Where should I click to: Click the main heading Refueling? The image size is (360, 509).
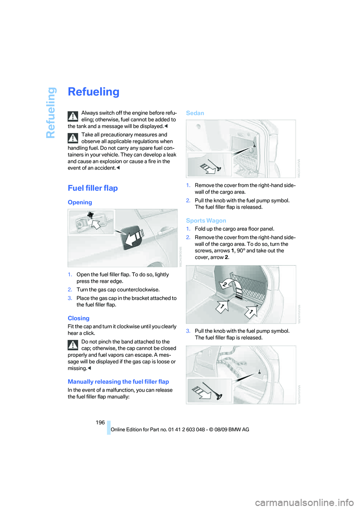coord(93,92)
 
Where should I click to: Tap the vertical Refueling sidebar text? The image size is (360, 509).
coord(51,112)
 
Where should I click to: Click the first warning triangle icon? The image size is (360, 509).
coord(73,116)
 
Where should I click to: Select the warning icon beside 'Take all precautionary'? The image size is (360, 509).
coord(73,138)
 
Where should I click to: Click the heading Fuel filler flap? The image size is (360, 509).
coord(93,188)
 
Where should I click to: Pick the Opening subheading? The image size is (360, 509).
coord(79,202)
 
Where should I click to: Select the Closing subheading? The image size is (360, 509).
coord(78,318)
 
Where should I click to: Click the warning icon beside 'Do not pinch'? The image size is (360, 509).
coord(73,345)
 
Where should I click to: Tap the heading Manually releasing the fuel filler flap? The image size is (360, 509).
coord(118,382)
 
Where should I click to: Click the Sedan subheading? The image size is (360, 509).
coord(195,113)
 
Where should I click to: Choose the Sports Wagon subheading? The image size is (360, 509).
coord(206,221)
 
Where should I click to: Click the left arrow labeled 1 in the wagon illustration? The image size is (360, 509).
coord(222,307)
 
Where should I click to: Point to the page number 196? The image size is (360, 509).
coord(100,422)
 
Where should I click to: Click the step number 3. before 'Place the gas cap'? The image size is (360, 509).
coord(70,298)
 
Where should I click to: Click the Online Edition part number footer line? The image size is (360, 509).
coord(180,430)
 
